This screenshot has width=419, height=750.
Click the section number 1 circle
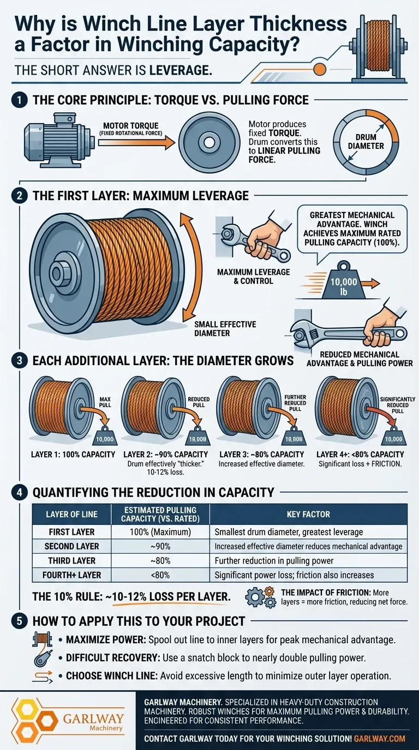pos(20,100)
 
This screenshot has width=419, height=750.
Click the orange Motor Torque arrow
pos(136,143)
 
